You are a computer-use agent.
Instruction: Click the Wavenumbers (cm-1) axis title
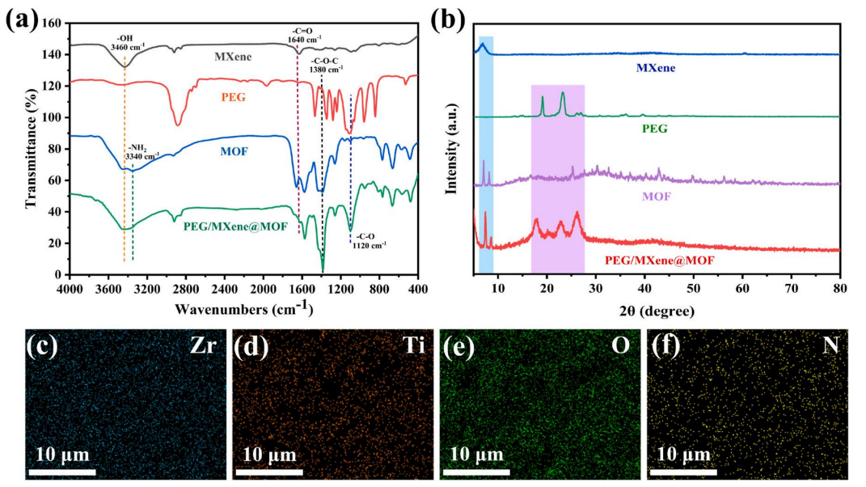point(243,307)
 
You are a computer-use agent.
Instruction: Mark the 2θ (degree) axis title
point(657,310)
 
